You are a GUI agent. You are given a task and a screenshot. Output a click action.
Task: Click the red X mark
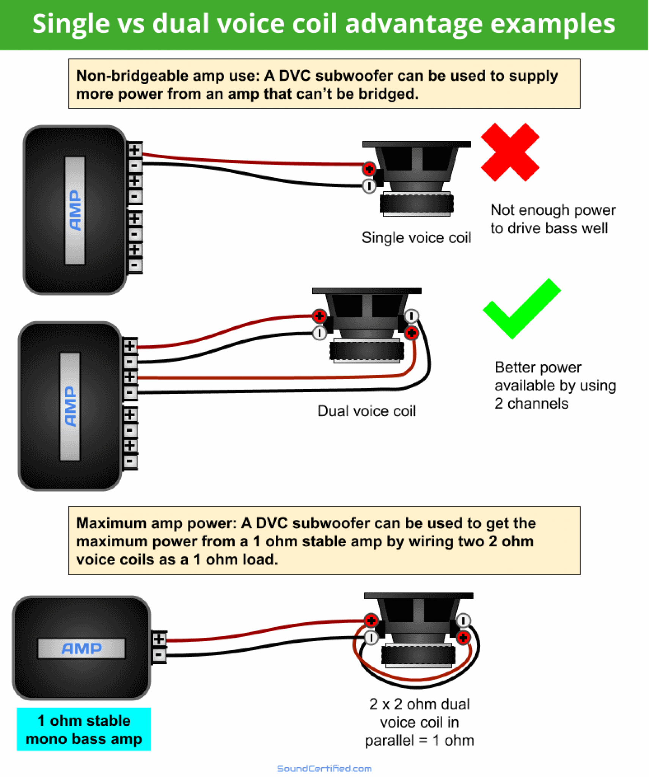point(510,153)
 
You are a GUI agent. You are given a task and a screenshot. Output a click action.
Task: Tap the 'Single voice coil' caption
point(416,238)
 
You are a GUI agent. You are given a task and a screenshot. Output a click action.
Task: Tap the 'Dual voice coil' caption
point(366,411)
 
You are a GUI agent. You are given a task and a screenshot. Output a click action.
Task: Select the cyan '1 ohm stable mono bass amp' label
point(84,730)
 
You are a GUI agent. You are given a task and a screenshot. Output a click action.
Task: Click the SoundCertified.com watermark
point(324,769)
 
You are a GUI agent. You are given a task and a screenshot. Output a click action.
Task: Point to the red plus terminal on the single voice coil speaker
point(369,169)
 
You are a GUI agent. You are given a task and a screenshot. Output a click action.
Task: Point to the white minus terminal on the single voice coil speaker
point(369,186)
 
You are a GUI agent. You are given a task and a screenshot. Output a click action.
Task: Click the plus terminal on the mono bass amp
point(159,639)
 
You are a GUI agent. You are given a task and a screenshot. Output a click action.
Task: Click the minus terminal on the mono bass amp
point(159,655)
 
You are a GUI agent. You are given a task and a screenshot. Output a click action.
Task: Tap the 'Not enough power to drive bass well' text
point(552,219)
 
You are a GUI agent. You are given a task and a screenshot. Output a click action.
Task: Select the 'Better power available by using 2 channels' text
point(555,385)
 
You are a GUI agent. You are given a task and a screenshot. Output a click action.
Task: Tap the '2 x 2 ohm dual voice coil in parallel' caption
point(419,722)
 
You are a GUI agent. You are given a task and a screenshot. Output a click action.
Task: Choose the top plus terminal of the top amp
point(135,150)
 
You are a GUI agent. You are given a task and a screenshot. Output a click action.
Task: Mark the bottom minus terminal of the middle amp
point(130,462)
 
